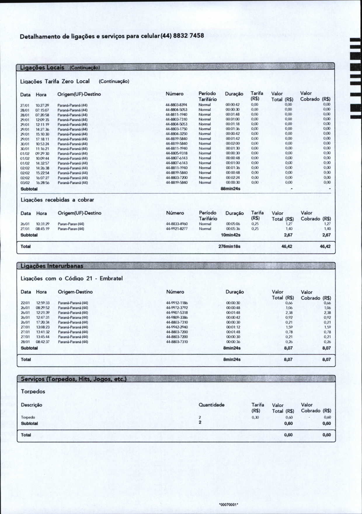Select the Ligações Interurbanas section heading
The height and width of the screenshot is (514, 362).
click(x=52, y=266)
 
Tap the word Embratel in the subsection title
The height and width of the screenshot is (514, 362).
click(x=111, y=278)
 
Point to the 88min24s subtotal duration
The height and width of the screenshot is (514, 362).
click(x=230, y=189)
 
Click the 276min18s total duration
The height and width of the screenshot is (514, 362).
click(x=229, y=246)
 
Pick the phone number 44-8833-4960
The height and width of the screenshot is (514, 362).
click(x=177, y=224)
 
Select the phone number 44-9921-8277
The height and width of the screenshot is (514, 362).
click(x=177, y=229)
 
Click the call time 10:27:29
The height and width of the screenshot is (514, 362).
click(x=42, y=105)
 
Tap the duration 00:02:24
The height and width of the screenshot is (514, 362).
click(x=233, y=178)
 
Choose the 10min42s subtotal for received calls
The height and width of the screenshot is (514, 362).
click(x=230, y=235)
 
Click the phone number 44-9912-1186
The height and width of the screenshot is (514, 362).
click(x=177, y=303)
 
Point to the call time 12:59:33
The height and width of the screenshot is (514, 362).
click(x=43, y=303)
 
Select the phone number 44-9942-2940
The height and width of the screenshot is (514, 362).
click(x=177, y=327)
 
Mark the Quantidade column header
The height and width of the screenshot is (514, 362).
click(x=212, y=405)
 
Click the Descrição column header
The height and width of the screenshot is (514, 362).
click(x=32, y=405)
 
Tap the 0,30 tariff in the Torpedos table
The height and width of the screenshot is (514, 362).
click(x=255, y=417)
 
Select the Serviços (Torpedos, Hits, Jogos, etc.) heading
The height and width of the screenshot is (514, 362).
click(x=74, y=379)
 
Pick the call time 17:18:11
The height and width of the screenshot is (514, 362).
click(x=42, y=139)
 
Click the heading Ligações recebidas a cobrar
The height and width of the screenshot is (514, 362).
click(x=57, y=200)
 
